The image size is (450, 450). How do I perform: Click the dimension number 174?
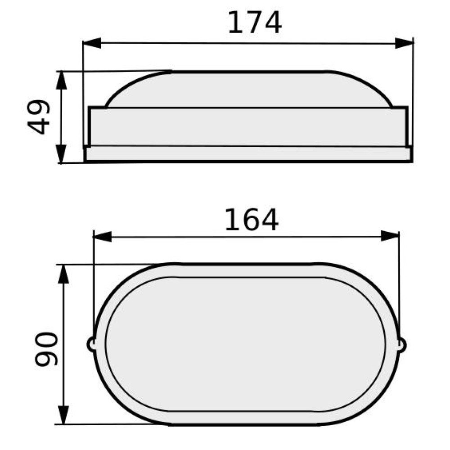[255, 22]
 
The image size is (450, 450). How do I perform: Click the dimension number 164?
[252, 220]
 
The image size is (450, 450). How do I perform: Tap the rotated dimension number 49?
[38, 117]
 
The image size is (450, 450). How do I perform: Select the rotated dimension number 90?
[46, 349]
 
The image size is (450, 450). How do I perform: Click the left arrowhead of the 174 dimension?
[92, 43]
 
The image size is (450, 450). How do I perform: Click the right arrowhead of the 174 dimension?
[404, 43]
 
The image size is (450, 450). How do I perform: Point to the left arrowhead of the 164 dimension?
[103, 237]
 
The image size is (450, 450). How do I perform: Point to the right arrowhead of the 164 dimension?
[390, 236]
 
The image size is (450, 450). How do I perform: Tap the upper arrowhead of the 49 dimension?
[61, 81]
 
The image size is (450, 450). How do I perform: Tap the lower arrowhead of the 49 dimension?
[61, 154]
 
